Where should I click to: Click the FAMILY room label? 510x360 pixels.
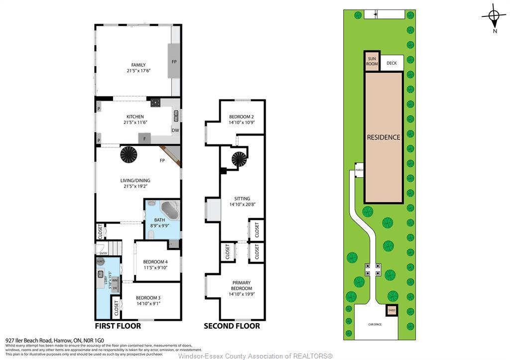pos(138,65)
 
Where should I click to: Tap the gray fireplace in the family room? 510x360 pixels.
pos(174,61)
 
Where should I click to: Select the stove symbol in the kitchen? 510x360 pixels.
pos(156,103)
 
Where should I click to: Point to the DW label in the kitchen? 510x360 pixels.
pos(175,130)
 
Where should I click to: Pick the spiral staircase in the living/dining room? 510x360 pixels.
pos(129,154)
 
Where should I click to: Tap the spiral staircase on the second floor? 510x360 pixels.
pos(238,160)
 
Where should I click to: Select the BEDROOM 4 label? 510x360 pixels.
pos(155,262)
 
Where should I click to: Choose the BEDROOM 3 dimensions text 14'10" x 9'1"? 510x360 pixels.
pos(148,303)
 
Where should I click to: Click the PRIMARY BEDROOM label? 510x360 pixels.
pos(241,286)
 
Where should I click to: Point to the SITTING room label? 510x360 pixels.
pos(242,198)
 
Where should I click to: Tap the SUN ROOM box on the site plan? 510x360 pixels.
pos(372,61)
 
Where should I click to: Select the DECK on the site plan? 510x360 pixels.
pos(391,63)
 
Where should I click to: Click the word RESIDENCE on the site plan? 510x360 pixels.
pos(383,137)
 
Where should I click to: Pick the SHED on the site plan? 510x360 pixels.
pos(391,310)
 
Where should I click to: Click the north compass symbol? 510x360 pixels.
pos(494,16)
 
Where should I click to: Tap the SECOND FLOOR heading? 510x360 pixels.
pos(232,326)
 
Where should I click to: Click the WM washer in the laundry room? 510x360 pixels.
pos(115,281)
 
